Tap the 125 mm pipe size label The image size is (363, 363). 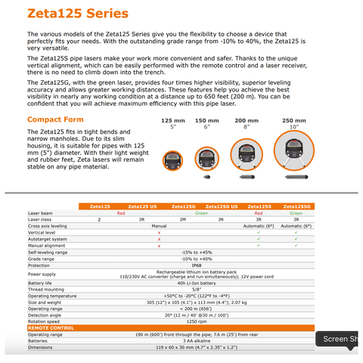[173, 120]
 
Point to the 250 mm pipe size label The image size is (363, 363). [294, 120]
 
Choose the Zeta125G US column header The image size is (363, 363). [223, 206]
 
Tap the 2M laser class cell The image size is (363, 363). [182, 219]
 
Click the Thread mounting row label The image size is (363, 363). [47, 288]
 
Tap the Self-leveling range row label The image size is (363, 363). [49, 253]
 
